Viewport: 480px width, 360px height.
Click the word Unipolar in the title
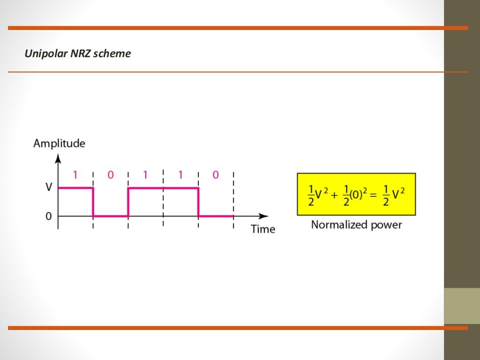click(x=46, y=54)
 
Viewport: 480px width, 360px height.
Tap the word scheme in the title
click(x=112, y=54)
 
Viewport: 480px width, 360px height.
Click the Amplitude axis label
click(x=59, y=143)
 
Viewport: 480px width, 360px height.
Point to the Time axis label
click(x=263, y=229)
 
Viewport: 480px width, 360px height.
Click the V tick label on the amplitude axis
click(x=48, y=187)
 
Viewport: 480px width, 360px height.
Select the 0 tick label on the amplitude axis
click(x=48, y=216)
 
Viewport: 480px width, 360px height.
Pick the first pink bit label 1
click(x=75, y=175)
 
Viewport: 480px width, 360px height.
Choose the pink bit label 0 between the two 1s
click(x=111, y=175)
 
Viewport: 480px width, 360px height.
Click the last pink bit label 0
click(x=216, y=175)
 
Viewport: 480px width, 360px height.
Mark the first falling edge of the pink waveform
click(x=93, y=202)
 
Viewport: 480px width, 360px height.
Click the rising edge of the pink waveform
click(x=128, y=202)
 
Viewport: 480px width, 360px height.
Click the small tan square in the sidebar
click(x=462, y=306)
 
